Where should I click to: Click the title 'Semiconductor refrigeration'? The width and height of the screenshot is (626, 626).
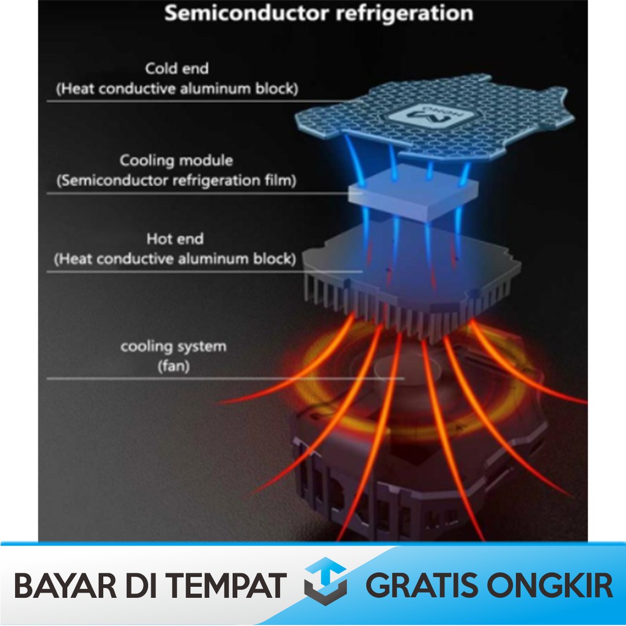[319, 13]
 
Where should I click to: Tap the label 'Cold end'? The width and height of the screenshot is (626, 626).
[177, 68]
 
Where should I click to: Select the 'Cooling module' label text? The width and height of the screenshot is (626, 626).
[176, 161]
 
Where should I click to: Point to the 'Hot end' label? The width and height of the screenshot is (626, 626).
[175, 238]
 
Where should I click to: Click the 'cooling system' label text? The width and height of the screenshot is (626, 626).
[173, 347]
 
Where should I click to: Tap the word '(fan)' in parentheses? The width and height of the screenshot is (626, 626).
[173, 367]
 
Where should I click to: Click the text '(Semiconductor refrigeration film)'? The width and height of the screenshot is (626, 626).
[176, 181]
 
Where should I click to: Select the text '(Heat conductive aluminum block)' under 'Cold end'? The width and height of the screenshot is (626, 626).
[177, 89]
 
